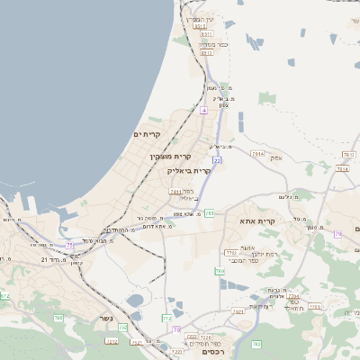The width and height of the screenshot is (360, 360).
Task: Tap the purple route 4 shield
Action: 203,110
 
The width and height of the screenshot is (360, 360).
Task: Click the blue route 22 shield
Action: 217,160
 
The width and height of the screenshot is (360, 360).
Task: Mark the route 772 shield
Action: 166,319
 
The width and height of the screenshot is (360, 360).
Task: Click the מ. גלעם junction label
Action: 289,196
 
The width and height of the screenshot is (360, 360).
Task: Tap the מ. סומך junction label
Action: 311,228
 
